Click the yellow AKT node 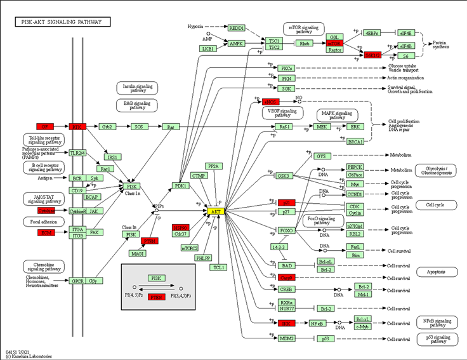coord(216,211)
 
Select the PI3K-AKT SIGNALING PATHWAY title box coord(62,22)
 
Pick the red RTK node coord(77,126)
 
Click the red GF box coord(45,126)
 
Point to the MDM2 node coord(286,338)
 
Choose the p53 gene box coord(325,338)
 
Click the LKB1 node coord(207,48)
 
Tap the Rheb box coord(305,44)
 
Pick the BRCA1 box coord(356,142)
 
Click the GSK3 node coord(284,176)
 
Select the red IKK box coord(286,323)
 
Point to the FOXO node coord(286,230)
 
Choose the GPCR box coord(77,281)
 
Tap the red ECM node coord(45,233)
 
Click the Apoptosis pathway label coord(437,272)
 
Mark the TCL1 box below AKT coord(220,267)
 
